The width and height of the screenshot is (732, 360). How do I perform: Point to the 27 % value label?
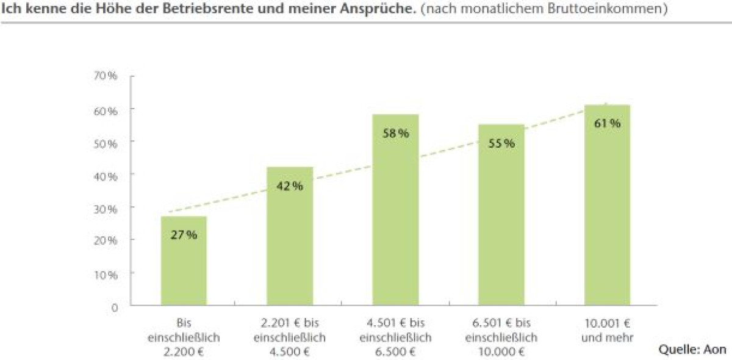(184, 235)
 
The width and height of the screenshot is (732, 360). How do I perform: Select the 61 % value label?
(607, 123)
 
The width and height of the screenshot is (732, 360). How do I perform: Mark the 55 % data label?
(501, 143)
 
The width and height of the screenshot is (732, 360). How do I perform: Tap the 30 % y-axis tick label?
(106, 208)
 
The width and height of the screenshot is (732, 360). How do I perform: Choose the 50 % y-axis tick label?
(106, 142)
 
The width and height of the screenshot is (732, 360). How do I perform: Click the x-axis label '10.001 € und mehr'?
(606, 330)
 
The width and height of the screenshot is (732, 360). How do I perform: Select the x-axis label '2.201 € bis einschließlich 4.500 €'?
(290, 337)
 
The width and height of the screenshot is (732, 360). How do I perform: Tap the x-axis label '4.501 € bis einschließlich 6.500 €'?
(396, 337)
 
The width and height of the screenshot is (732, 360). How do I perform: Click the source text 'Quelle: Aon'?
(692, 350)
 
